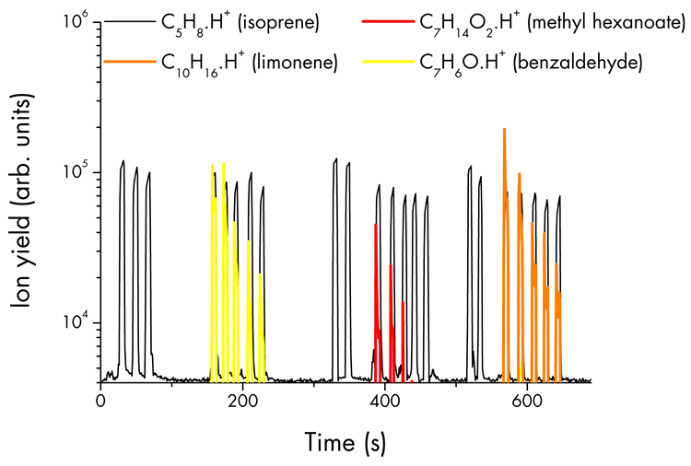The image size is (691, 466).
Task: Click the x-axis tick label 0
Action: (100, 402)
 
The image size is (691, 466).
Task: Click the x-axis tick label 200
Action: (242, 402)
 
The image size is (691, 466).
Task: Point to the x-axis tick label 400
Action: (384, 402)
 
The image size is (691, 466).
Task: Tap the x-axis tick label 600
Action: (526, 402)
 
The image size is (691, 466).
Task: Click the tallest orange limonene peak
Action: (504, 131)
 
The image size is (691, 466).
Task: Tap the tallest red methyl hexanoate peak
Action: (376, 226)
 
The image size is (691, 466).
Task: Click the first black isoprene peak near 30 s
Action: (123, 163)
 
